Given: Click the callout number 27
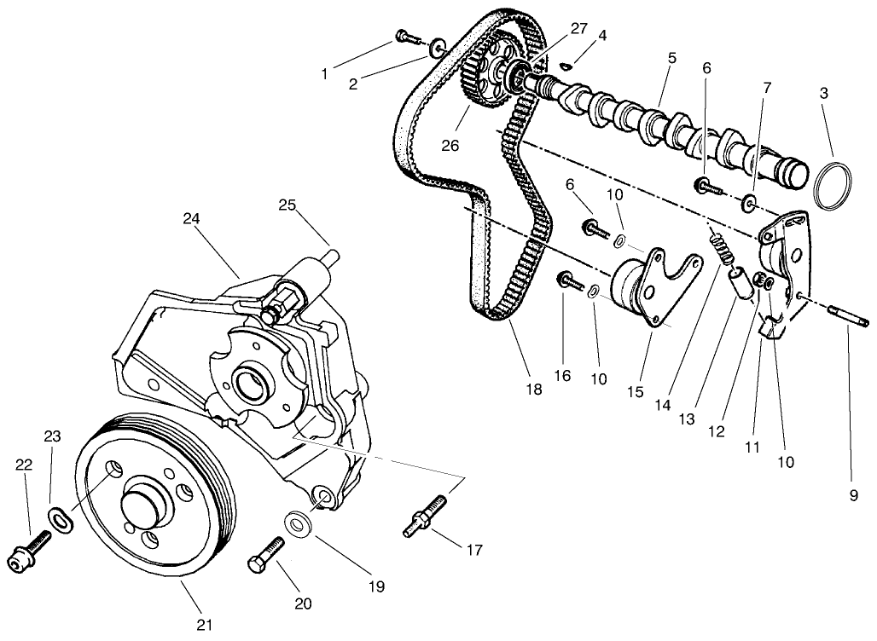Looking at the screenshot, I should [579, 28].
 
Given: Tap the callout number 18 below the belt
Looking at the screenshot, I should [534, 390].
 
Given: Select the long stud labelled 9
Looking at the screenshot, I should [847, 317].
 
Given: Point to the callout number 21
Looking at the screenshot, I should [204, 625].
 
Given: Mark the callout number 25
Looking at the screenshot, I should [287, 205].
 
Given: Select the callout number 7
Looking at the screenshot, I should [767, 87].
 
